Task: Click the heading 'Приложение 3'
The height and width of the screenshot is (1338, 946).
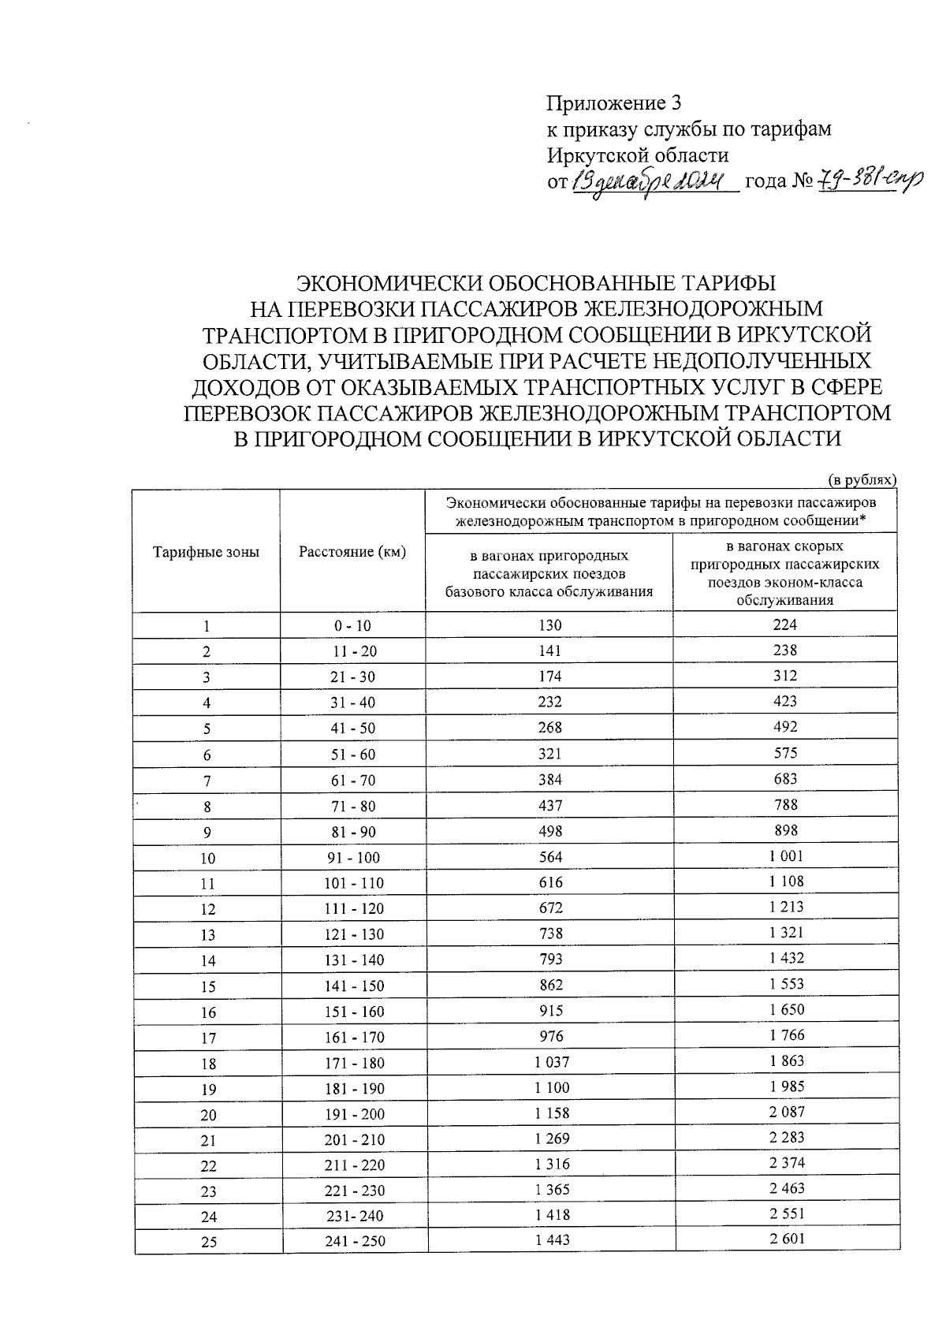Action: [x=613, y=103]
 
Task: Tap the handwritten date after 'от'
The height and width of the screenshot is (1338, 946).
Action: [x=651, y=181]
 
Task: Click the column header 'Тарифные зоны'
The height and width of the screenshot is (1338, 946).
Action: [x=206, y=552]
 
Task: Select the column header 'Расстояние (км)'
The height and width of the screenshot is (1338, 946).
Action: [x=352, y=552]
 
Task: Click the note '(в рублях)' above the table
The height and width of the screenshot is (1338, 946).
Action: [x=862, y=479]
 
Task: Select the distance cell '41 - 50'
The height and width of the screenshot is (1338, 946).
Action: [x=352, y=729]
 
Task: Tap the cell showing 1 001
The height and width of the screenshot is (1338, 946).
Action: [x=786, y=855]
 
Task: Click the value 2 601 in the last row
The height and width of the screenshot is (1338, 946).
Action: [x=787, y=1239]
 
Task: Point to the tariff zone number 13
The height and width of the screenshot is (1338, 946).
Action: [x=207, y=934]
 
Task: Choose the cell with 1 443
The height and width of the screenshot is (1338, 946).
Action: [x=551, y=1239]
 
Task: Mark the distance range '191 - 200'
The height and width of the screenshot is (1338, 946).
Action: [x=354, y=1113]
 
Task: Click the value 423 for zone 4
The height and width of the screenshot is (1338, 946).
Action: [x=785, y=701]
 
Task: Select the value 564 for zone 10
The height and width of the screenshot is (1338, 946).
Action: [x=549, y=856]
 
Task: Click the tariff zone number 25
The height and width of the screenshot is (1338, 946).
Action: [x=208, y=1242]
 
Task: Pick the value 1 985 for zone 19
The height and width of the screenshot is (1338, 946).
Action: [x=787, y=1086]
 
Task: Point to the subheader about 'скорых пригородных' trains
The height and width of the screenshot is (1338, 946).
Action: [x=785, y=572]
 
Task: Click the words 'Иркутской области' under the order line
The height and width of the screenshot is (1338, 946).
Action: [x=638, y=155]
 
